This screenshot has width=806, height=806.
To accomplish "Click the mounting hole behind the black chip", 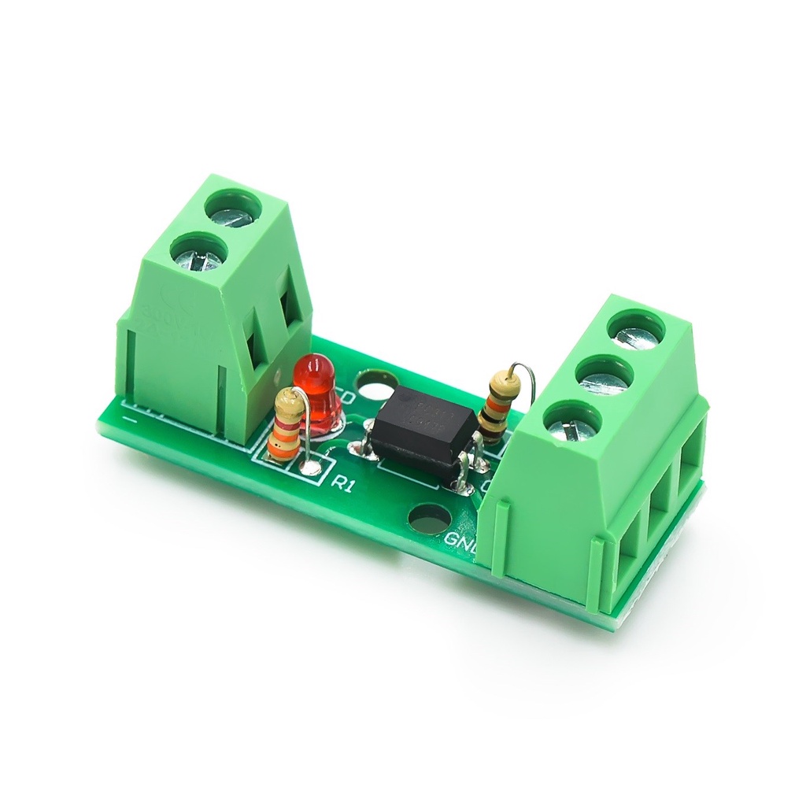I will (x=376, y=386).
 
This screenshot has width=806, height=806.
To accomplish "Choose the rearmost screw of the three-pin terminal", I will (x=637, y=328).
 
